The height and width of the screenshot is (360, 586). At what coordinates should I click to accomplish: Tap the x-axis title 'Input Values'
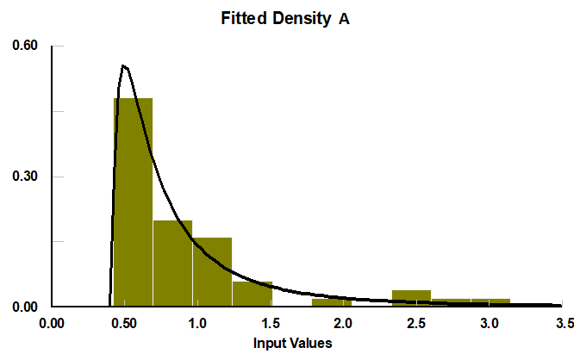(x=292, y=343)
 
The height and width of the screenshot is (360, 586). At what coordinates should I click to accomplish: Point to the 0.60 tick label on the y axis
(x=25, y=46)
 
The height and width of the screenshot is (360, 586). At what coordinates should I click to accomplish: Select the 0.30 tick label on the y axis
(x=25, y=177)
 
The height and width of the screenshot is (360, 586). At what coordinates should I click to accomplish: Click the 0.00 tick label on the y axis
(x=25, y=307)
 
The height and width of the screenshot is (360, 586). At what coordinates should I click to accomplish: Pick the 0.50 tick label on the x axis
(x=126, y=324)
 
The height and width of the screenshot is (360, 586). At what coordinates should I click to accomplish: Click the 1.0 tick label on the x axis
(x=197, y=324)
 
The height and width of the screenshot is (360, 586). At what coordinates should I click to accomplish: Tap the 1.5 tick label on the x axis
(x=271, y=324)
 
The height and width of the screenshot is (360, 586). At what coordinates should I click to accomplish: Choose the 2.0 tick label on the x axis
(x=343, y=324)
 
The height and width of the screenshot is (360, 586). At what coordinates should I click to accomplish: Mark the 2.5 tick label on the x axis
(x=416, y=324)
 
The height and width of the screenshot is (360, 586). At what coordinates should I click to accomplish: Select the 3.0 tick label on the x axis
(x=489, y=324)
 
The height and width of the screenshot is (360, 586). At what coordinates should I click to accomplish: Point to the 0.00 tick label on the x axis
(x=53, y=324)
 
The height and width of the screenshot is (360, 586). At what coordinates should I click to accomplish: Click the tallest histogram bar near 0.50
(x=133, y=207)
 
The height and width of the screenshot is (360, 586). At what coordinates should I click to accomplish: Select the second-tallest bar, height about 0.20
(x=172, y=263)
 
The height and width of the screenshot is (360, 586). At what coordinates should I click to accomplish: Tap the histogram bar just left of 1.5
(x=252, y=294)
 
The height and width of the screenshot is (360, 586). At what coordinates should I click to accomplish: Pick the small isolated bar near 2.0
(x=332, y=302)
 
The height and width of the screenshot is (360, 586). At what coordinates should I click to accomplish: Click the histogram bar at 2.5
(x=411, y=298)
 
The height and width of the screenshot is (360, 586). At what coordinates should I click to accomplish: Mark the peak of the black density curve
(x=124, y=65)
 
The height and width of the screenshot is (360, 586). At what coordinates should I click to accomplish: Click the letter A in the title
(x=344, y=17)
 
